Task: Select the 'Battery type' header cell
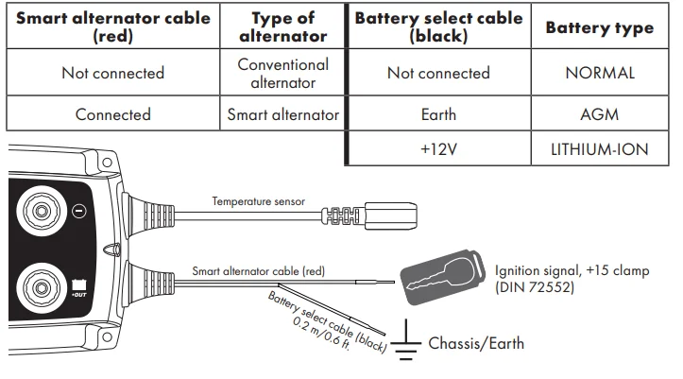(599, 28)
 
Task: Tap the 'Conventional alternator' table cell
(283, 73)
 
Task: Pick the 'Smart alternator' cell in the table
(283, 114)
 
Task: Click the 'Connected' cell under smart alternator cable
(112, 114)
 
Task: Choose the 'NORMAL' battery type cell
(599, 73)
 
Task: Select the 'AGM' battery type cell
(599, 114)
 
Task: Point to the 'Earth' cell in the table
(437, 114)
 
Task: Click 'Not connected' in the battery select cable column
(437, 73)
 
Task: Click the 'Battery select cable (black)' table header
(437, 28)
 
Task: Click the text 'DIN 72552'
(537, 286)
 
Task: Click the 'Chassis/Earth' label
(477, 342)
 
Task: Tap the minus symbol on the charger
(80, 210)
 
